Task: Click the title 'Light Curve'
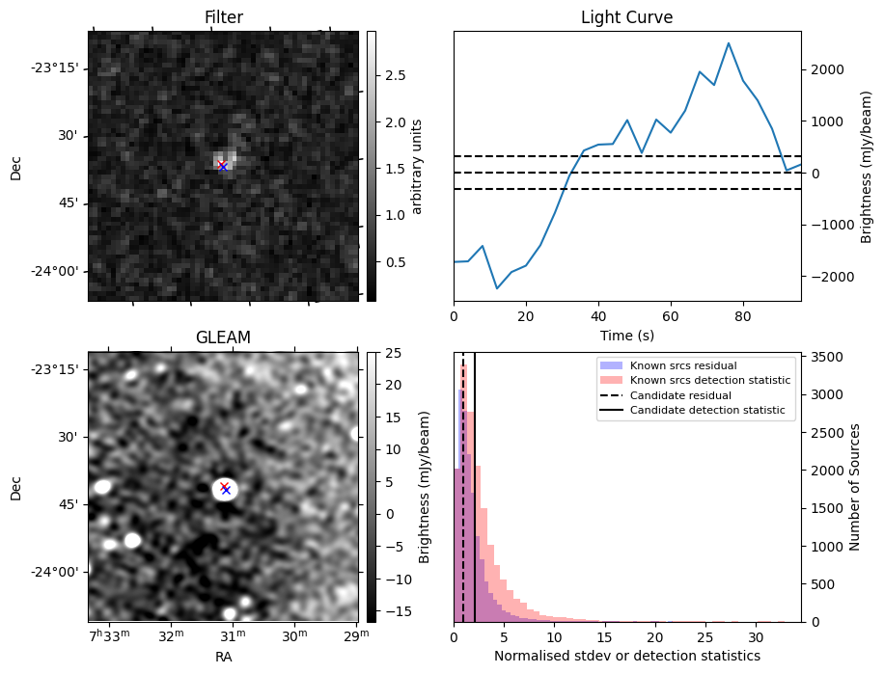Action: (x=626, y=17)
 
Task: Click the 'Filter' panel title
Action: (x=224, y=17)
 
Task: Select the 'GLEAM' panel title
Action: (x=224, y=337)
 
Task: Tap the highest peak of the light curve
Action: (x=729, y=43)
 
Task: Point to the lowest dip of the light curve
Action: (x=497, y=288)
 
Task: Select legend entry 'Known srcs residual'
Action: (x=683, y=366)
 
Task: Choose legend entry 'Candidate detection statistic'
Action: (x=706, y=411)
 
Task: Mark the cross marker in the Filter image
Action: (x=223, y=166)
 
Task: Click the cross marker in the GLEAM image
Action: (x=225, y=489)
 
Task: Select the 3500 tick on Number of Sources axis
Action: (x=825, y=357)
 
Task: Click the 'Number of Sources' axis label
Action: (x=855, y=487)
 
